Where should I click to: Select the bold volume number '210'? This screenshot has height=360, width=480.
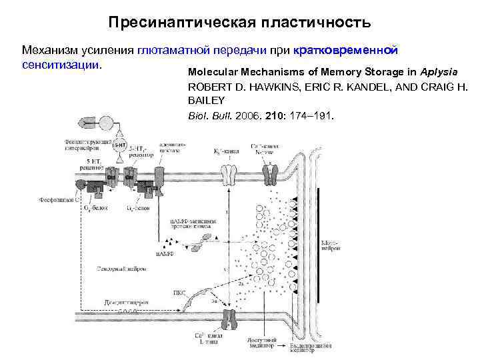[x=275, y=115]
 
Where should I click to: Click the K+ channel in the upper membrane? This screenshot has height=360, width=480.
[x=229, y=175]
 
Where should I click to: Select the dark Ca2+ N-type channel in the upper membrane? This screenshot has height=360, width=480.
[x=271, y=175]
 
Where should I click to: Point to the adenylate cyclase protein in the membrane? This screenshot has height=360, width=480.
[x=161, y=175]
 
